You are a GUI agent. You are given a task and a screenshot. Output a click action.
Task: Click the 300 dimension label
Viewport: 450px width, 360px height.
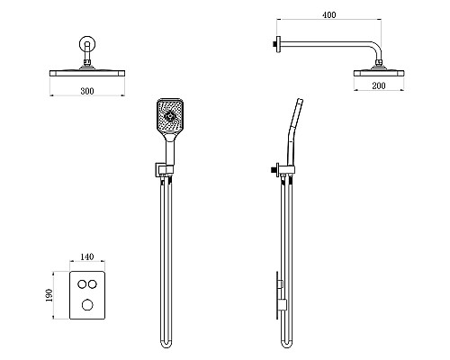tap(87, 91)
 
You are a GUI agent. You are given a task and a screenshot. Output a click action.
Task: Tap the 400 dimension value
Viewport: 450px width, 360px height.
tap(329, 14)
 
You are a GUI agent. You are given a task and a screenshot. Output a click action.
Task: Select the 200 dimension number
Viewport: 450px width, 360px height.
tap(379, 85)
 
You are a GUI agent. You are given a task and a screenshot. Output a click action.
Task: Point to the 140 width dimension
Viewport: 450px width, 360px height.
tap(87, 256)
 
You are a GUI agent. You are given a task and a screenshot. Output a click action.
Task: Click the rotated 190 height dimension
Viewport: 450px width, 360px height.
tap(49, 295)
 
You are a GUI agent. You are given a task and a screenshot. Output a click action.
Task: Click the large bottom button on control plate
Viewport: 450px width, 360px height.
tap(87, 305)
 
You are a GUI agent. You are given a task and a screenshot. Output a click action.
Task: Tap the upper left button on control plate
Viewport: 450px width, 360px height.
tap(82, 283)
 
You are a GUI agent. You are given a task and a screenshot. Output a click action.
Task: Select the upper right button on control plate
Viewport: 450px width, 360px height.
tap(93, 283)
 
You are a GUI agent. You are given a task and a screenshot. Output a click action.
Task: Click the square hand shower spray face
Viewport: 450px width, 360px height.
tap(170, 115)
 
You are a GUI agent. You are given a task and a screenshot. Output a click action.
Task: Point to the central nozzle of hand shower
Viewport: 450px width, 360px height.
tap(170, 115)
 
